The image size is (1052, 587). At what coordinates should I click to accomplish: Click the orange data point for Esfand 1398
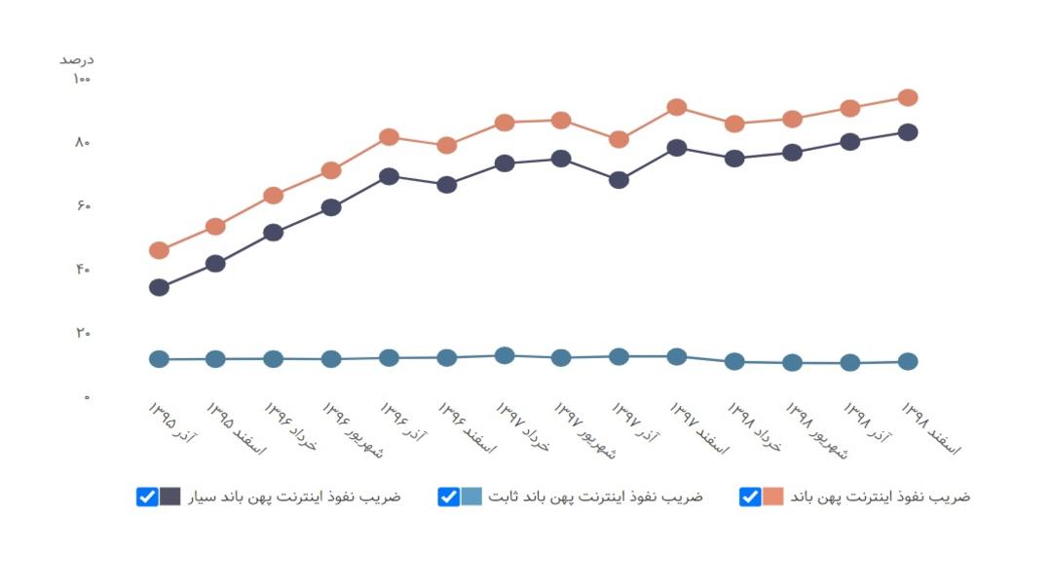908,98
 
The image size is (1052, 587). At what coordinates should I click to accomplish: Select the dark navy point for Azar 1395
159,288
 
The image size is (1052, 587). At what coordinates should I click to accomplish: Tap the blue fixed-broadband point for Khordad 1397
505,355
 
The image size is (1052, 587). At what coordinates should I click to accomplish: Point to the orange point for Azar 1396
389,137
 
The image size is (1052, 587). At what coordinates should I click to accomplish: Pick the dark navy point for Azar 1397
619,180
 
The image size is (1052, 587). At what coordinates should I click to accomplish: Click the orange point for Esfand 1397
677,107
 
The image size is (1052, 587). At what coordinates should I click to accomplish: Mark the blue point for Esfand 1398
908,361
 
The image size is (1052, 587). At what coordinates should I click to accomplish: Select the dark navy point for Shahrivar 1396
331,207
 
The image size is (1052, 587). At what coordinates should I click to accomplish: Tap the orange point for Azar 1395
159,251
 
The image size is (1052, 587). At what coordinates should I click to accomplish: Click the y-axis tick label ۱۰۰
81,79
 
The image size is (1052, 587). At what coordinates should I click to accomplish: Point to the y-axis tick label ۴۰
83,269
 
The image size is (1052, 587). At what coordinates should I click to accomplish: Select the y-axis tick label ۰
87,397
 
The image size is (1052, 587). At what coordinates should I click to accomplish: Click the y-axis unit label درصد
77,60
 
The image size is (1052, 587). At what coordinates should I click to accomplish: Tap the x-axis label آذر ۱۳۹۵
171,422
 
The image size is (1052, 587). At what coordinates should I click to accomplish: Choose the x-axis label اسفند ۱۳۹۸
930,428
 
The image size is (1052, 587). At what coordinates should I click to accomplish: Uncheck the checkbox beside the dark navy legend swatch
147,496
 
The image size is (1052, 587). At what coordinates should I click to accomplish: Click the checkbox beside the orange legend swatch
750,496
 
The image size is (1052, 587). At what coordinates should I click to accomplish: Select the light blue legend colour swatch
471,496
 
